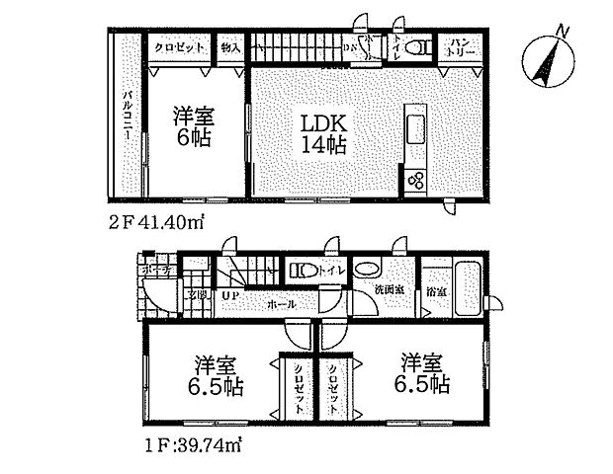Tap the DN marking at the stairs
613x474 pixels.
click(350, 46)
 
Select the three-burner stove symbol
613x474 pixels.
click(413, 181)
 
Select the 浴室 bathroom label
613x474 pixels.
click(435, 292)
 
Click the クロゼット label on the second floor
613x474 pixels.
click(178, 46)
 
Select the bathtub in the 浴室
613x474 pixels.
click(464, 282)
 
